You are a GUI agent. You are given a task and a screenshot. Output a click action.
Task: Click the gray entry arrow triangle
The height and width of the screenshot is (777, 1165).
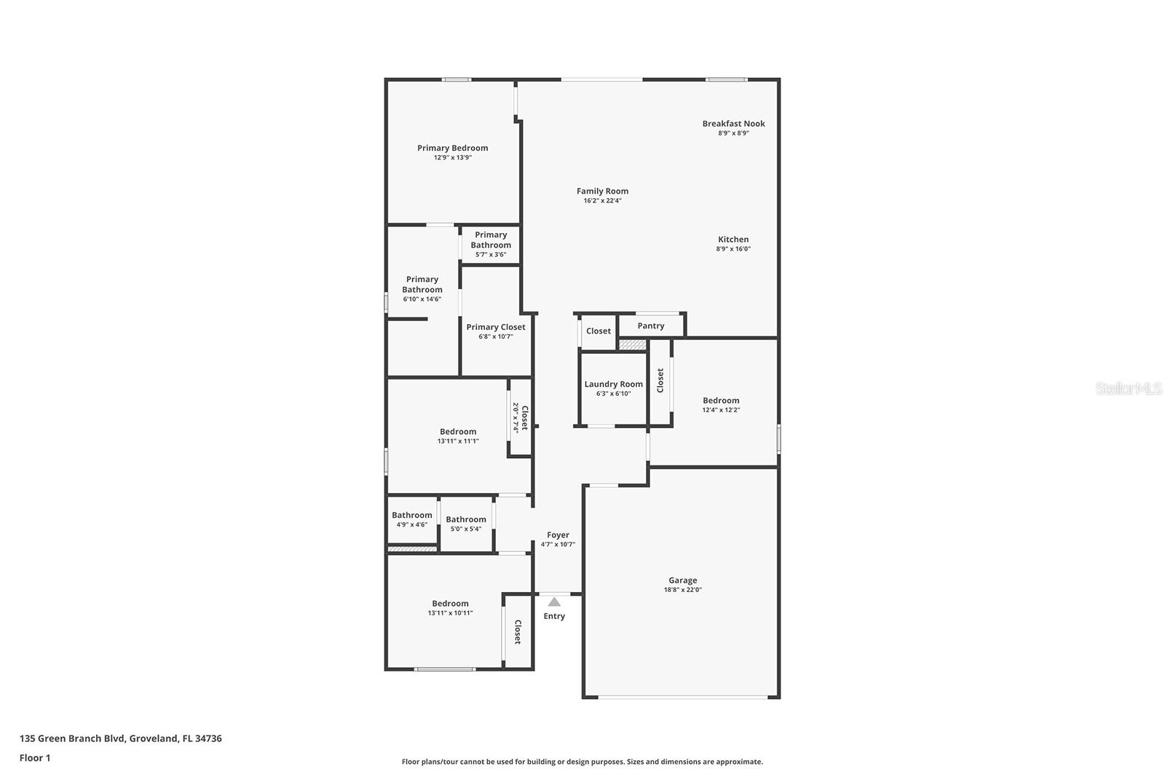coord(554,602)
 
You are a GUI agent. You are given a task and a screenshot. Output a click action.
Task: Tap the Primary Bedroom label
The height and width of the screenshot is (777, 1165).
coord(452,149)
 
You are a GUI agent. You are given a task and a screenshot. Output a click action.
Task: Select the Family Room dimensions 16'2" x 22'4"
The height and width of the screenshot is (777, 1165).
coord(602,201)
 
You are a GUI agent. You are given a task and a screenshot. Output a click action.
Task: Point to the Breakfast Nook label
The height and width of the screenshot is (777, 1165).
coord(733,124)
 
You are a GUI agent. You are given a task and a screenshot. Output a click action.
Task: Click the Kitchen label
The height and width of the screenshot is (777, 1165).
coord(733,240)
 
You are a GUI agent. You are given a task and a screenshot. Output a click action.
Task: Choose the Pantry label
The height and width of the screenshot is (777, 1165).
coord(651,326)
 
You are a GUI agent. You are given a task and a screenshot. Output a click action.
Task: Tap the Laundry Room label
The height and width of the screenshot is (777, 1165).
coord(613,384)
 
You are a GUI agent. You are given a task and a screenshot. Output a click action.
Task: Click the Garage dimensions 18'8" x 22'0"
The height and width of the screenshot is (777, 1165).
coord(683,590)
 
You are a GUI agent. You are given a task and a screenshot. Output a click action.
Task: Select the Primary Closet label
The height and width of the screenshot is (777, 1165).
coord(496,327)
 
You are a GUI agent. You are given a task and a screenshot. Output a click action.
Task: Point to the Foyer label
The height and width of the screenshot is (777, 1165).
coord(558,535)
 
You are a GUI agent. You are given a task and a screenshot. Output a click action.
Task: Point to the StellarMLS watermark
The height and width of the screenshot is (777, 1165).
coord(1128,389)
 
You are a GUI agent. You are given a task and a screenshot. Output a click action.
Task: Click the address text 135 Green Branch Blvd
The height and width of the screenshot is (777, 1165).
coord(72,738)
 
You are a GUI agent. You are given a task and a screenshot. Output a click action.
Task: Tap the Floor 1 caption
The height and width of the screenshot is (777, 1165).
coord(35,758)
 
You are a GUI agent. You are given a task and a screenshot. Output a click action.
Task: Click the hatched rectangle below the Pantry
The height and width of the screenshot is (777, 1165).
coord(633,345)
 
